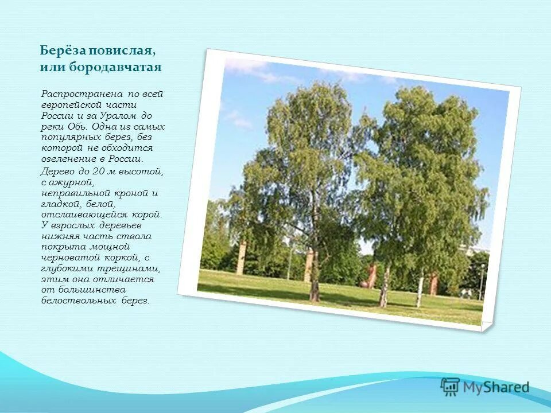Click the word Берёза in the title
tap(58, 50)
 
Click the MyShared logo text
tap(497, 388)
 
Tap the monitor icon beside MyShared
tap(451, 386)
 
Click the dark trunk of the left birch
tap(315, 275)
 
